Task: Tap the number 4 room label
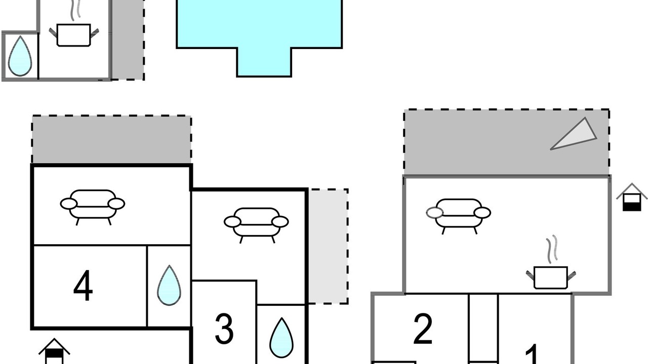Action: click(x=84, y=286)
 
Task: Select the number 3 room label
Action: click(x=224, y=329)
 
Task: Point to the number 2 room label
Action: click(x=423, y=329)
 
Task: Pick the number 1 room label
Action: click(x=532, y=354)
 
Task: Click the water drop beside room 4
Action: click(x=169, y=286)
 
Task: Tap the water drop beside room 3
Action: click(x=281, y=338)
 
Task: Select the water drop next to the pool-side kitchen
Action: click(x=20, y=56)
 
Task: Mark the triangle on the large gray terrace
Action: click(x=574, y=134)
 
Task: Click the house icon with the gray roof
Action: click(x=632, y=197)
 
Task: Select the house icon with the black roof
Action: click(x=54, y=351)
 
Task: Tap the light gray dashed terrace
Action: click(x=328, y=246)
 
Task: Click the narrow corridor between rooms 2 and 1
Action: click(x=483, y=329)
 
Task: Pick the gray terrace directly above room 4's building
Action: click(x=112, y=140)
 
